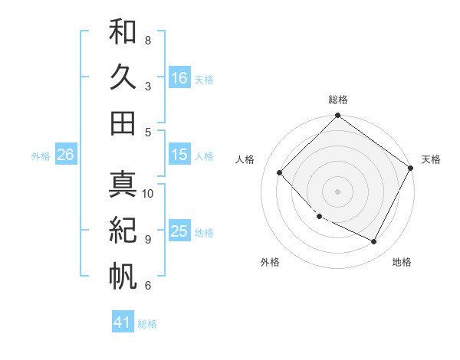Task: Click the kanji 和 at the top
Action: pyautogui.click(x=123, y=31)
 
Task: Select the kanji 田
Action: pyautogui.click(x=123, y=123)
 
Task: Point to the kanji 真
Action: pyautogui.click(x=123, y=185)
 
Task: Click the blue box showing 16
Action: pyautogui.click(x=179, y=77)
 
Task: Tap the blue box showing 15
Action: pyautogui.click(x=179, y=155)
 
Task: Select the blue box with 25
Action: pyautogui.click(x=179, y=231)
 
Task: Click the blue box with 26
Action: pyautogui.click(x=65, y=155)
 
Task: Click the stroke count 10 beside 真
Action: pyautogui.click(x=148, y=193)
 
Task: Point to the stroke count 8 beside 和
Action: pyautogui.click(x=147, y=40)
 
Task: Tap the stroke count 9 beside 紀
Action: pyautogui.click(x=147, y=239)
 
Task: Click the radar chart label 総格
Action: pyautogui.click(x=337, y=100)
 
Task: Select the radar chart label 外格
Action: pyautogui.click(x=270, y=262)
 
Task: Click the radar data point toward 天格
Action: pyautogui.click(x=411, y=168)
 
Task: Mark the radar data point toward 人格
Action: pyautogui.click(x=280, y=173)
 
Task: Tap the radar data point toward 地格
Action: pyautogui.click(x=374, y=242)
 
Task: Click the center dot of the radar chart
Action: pyautogui.click(x=337, y=191)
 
